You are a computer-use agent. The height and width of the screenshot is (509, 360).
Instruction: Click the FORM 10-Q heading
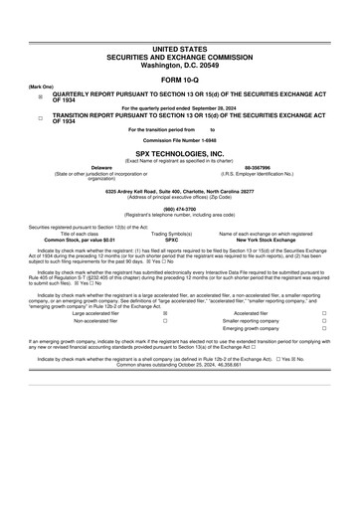pyautogui.click(x=180, y=79)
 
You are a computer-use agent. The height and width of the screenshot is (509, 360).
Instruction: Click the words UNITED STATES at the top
pyautogui.click(x=180, y=48)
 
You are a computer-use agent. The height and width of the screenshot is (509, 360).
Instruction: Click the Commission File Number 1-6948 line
pyautogui.click(x=180, y=140)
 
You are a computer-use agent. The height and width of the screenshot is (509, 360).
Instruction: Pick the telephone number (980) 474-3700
pyautogui.click(x=180, y=209)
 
